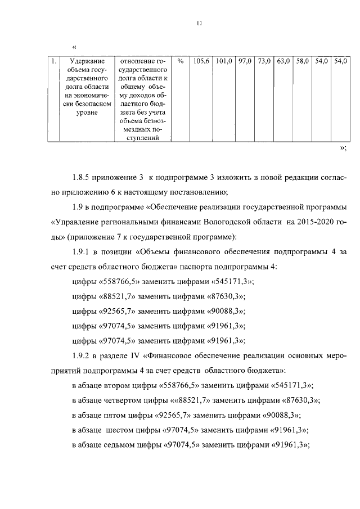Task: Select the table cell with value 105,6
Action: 201,61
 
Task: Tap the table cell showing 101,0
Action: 224,61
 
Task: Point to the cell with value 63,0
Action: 283,61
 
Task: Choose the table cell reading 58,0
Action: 302,61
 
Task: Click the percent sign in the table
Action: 180,61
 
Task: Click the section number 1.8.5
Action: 84,178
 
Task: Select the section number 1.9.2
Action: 84,355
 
